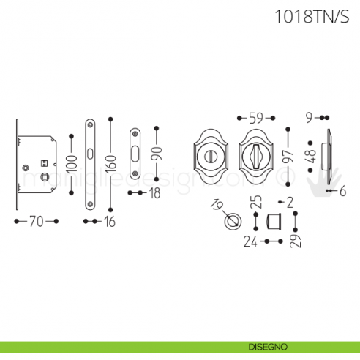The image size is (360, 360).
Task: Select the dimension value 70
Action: pos(36,221)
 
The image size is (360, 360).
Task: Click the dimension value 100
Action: pos(71,164)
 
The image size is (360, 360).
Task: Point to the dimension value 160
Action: pos(110,165)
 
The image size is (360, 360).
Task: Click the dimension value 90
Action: pos(156,154)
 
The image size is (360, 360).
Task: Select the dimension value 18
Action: pos(155,193)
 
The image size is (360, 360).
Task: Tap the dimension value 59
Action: pos(256,117)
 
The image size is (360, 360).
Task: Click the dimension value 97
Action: pos(288,155)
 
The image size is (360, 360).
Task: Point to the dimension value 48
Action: pos(312,156)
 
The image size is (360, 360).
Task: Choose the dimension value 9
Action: pos(310,117)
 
